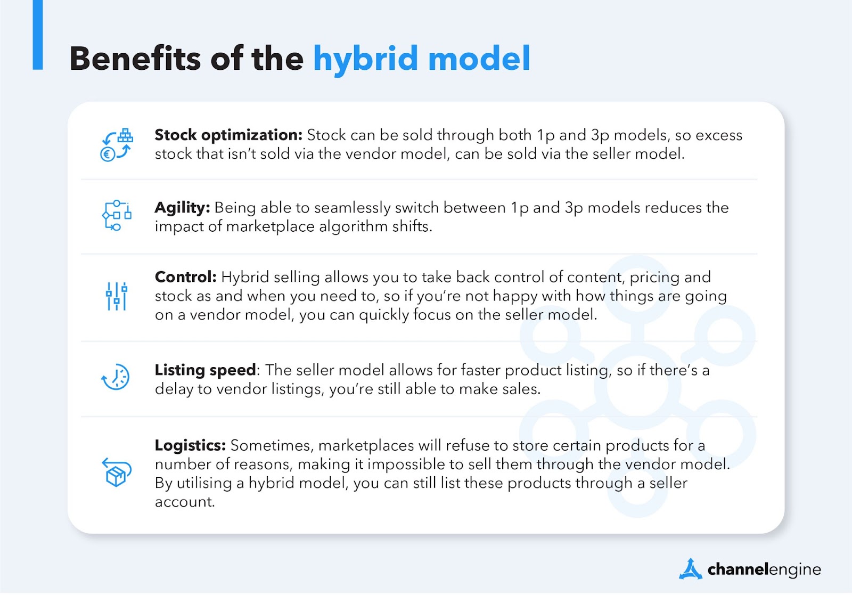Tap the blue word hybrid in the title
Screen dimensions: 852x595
(365, 60)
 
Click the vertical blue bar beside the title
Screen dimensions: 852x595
(38, 35)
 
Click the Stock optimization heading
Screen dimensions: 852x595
(228, 135)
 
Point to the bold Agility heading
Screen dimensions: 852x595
(182, 208)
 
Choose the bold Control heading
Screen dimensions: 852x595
(185, 278)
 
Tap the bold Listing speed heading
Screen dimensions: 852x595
(206, 371)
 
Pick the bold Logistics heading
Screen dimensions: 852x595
(190, 446)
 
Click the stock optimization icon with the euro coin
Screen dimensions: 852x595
(117, 145)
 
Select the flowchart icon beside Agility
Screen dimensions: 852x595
(117, 215)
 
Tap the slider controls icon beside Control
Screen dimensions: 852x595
(117, 296)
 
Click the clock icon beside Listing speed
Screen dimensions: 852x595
(116, 377)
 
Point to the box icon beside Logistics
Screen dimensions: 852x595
(117, 472)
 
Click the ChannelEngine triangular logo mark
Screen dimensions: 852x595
(690, 569)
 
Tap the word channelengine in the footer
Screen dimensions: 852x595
(764, 570)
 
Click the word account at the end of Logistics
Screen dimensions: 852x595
(185, 503)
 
